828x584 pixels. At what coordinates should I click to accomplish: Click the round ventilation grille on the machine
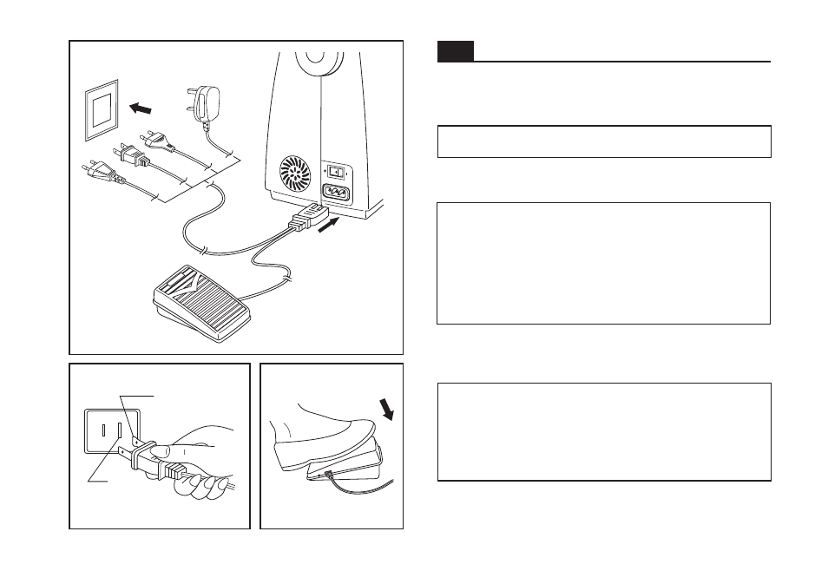[292, 174]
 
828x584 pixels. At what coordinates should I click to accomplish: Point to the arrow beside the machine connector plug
[329, 228]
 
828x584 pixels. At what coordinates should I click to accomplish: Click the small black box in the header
[455, 51]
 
